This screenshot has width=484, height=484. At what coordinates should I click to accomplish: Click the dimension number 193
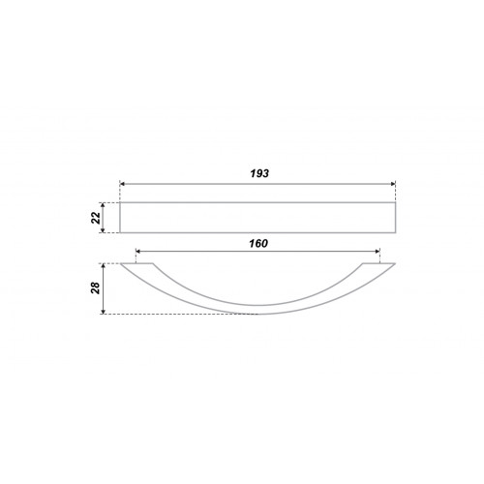[x=259, y=173]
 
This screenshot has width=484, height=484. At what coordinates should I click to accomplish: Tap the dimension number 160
[x=258, y=243]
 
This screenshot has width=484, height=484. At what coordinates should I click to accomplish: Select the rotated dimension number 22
[x=96, y=218]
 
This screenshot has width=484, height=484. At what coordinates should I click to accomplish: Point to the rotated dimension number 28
[x=96, y=287]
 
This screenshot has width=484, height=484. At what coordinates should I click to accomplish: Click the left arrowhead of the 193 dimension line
[x=122, y=184]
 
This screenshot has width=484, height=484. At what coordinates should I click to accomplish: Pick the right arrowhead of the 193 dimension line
[x=393, y=184]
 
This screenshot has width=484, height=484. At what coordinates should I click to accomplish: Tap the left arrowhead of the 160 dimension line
[x=138, y=251]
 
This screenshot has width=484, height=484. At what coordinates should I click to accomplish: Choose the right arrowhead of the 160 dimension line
[x=378, y=251]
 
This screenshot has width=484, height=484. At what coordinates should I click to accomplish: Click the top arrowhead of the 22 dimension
[x=103, y=205]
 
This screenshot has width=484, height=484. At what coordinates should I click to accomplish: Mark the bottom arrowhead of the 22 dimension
[x=103, y=230]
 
